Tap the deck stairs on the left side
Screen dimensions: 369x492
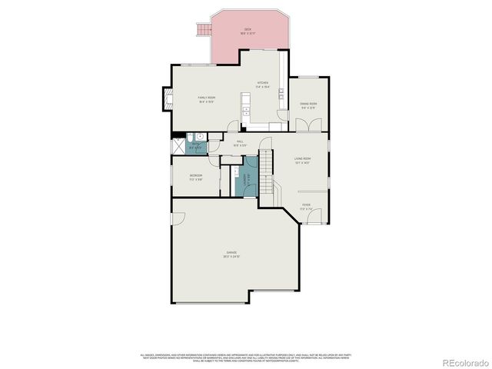[x=204, y=30]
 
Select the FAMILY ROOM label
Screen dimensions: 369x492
[x=206, y=98]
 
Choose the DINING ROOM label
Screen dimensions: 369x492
[x=308, y=105]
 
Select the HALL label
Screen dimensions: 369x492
[x=240, y=142]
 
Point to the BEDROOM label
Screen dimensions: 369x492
[x=196, y=177]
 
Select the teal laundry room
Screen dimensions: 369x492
[x=248, y=181]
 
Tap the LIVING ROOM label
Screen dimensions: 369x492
[x=301, y=160]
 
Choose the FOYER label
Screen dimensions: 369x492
[x=306, y=206]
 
